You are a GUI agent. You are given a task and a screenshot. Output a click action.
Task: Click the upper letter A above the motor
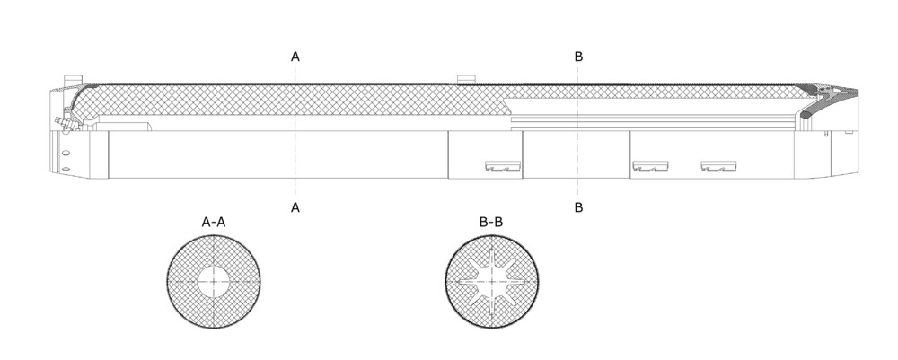point(295,56)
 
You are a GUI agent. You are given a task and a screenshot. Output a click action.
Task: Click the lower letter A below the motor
point(295,207)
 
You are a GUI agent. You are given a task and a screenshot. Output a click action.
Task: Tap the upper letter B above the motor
point(578,56)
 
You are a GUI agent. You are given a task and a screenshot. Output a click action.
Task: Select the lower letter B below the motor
point(578,207)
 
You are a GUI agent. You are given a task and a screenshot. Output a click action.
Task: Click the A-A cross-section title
point(214,222)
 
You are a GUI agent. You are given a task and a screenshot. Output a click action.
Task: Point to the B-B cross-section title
point(491,222)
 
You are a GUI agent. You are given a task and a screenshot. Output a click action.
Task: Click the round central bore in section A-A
point(214,282)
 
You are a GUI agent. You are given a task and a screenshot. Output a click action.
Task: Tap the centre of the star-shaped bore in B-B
point(492,282)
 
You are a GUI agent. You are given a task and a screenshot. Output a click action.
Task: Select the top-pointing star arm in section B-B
point(492,260)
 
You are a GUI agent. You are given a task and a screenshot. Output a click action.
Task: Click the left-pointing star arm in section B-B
point(471,282)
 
